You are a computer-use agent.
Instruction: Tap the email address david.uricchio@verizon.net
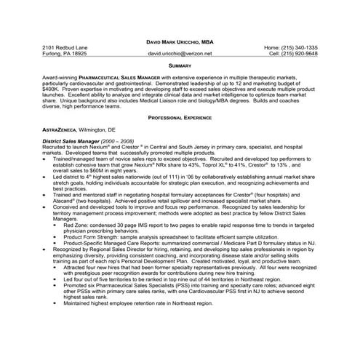pyautogui.click(x=180, y=54)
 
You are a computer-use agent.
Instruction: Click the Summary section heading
pyautogui.click(x=180, y=65)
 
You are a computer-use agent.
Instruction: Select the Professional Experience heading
pyautogui.click(x=180, y=117)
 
